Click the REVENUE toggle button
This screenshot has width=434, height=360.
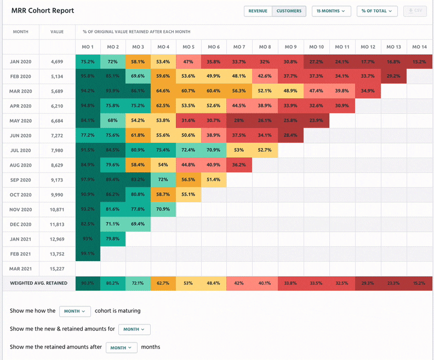tap(258, 11)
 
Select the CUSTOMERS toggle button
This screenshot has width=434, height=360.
tap(289, 11)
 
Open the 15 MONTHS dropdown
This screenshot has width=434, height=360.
tap(332, 11)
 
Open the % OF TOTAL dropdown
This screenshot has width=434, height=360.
tap(377, 11)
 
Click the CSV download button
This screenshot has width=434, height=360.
tap(415, 11)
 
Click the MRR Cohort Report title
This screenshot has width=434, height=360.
tap(43, 11)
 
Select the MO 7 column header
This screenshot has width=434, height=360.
tap(239, 47)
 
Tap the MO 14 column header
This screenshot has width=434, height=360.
tap(420, 47)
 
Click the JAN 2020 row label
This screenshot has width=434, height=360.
tap(20, 62)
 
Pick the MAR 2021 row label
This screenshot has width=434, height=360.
tap(20, 269)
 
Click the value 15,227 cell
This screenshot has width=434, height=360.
tap(57, 269)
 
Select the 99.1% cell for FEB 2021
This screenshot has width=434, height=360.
tap(88, 254)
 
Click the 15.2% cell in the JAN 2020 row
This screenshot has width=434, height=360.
tap(420, 62)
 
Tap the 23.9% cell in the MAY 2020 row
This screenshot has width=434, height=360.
tap(317, 121)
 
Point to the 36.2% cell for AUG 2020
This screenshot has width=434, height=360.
tap(239, 165)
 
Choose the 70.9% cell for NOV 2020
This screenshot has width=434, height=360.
tap(163, 210)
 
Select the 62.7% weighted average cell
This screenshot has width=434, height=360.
tap(163, 283)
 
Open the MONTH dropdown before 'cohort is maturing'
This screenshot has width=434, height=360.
tap(75, 311)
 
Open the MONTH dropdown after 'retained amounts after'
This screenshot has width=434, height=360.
tap(121, 347)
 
